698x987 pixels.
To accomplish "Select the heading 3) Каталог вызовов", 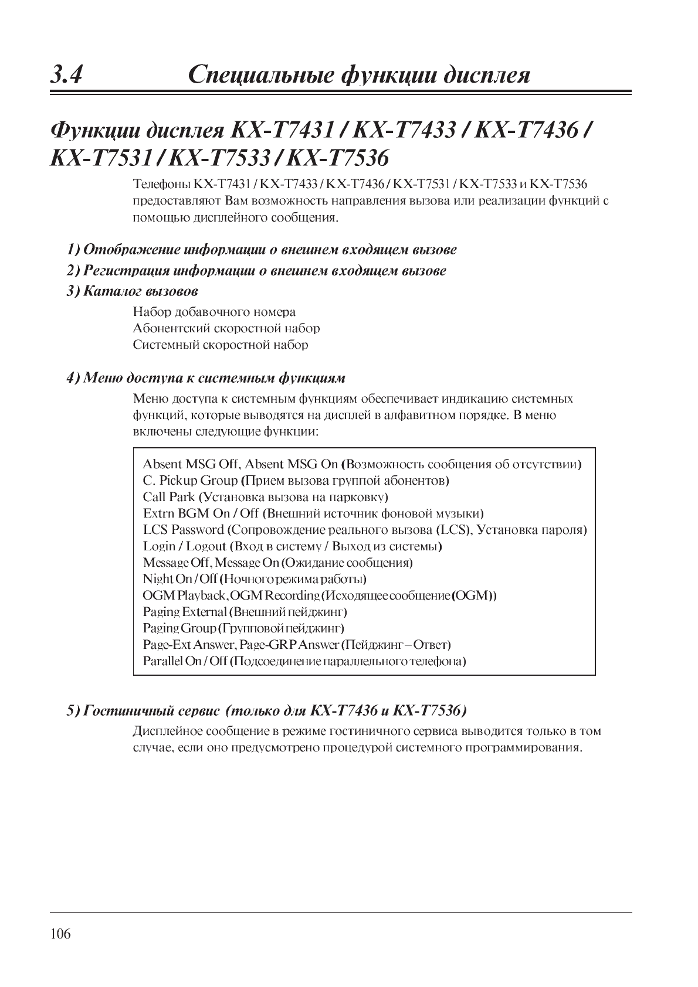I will [x=133, y=291].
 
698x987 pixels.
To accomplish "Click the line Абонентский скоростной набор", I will [x=226, y=328].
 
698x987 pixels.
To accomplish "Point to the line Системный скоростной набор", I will [x=221, y=345].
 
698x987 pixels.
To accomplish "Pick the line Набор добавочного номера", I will [x=214, y=312].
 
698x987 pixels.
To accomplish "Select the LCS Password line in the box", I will [x=365, y=530].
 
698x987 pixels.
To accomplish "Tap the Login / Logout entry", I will [x=292, y=546].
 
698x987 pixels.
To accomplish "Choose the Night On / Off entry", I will [x=255, y=579].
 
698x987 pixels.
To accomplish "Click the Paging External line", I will [x=245, y=612].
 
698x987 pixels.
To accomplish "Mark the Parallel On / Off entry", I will [x=304, y=661].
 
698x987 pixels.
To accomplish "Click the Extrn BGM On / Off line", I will [x=313, y=513].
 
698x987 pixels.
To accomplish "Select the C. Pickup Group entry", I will [x=296, y=481].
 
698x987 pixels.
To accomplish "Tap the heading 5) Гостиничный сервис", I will [x=267, y=711].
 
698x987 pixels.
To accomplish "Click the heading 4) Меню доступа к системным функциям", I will [x=206, y=377].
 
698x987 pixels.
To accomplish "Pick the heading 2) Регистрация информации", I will [x=256, y=271].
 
